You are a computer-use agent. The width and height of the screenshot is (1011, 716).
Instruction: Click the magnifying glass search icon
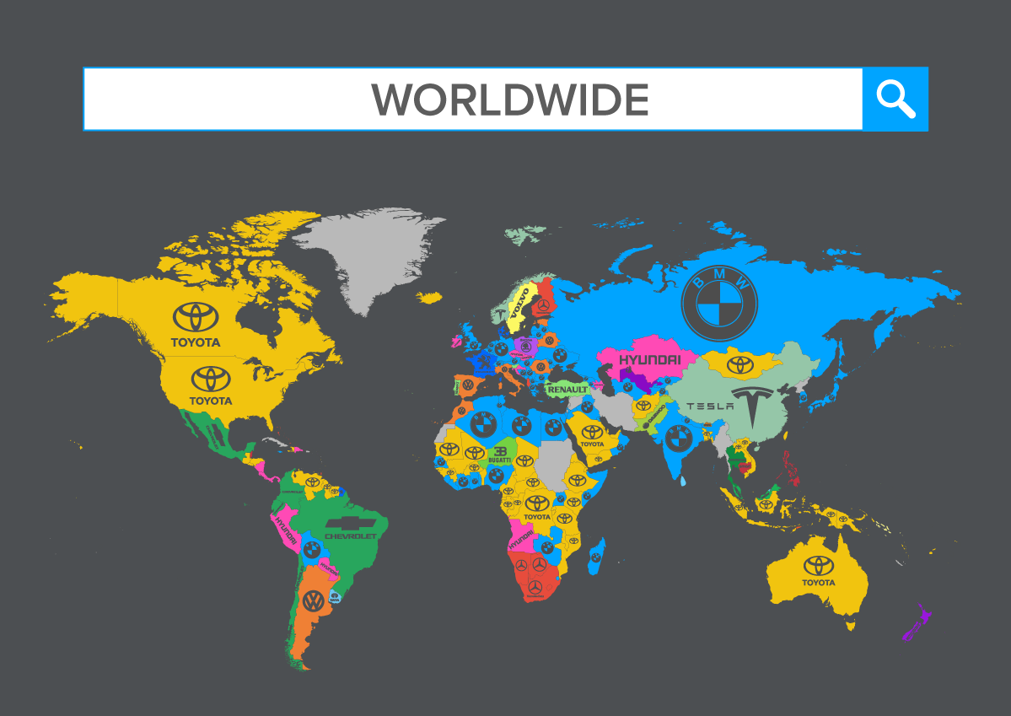[x=895, y=100]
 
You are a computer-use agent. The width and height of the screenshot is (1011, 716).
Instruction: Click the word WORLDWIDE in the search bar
[x=510, y=100]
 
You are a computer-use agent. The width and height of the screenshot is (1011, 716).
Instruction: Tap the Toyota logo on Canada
[x=196, y=317]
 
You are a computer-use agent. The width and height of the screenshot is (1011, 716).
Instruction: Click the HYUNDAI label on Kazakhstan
[x=649, y=360]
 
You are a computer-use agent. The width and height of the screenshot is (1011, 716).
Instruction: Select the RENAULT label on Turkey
[x=567, y=390]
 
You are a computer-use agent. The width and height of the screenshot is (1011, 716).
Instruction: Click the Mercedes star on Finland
[x=544, y=304]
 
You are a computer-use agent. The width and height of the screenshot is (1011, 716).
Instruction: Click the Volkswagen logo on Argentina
[x=313, y=601]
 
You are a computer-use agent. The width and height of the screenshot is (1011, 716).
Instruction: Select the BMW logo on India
[x=678, y=438]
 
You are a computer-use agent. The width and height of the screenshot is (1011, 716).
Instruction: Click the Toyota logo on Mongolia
[x=739, y=364]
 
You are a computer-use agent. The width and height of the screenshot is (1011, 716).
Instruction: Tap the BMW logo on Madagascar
[x=595, y=557]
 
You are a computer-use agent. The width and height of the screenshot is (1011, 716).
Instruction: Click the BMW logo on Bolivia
[x=311, y=549]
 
